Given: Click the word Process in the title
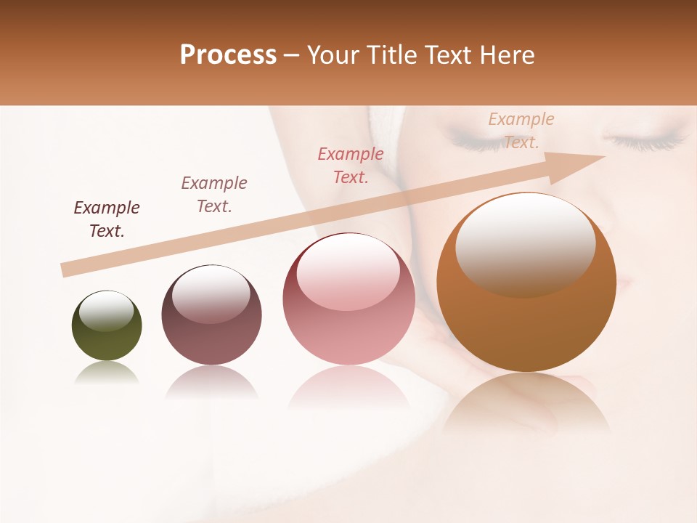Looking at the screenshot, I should click(228, 55).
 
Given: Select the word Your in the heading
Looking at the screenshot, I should click(333, 55).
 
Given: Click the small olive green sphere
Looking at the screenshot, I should click(107, 327).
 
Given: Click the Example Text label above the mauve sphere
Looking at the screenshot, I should click(214, 195).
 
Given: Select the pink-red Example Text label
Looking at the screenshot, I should click(351, 166).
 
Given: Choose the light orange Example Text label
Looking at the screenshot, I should click(521, 131).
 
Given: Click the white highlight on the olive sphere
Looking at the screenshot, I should click(107, 311).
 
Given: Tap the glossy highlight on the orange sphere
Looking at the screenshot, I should click(525, 243).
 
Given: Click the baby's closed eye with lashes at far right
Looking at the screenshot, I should click(646, 139).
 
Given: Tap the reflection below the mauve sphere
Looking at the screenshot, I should click(211, 383).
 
